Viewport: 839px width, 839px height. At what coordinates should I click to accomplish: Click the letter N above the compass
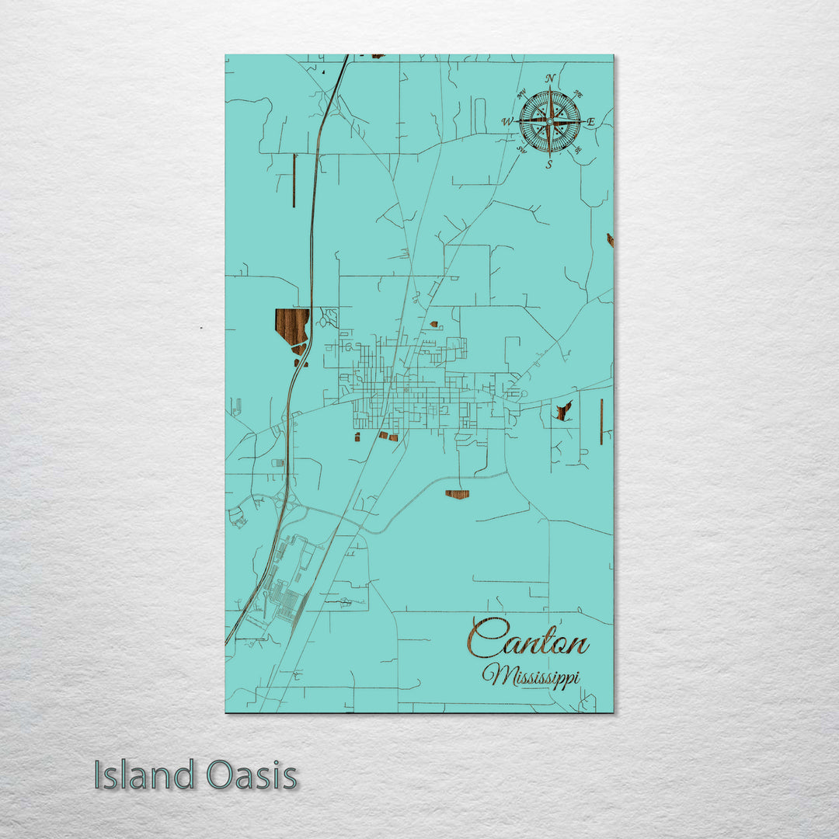click(550, 78)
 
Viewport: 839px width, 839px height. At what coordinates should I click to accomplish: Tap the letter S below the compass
click(548, 164)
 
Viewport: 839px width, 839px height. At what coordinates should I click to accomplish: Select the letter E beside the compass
click(590, 122)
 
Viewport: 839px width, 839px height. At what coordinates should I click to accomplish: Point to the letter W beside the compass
click(507, 121)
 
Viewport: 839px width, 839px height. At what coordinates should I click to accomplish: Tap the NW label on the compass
click(521, 94)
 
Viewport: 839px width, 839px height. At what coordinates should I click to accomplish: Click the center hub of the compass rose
click(549, 121)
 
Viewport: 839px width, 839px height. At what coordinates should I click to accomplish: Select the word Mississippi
click(531, 675)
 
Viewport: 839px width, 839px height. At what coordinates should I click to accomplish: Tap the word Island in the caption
click(144, 775)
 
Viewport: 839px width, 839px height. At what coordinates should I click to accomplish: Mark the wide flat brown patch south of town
click(457, 493)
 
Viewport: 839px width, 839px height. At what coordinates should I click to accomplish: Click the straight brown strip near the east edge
click(601, 421)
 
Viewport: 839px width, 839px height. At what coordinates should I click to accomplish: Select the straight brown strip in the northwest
click(294, 180)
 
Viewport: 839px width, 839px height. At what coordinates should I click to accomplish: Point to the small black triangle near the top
click(322, 71)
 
